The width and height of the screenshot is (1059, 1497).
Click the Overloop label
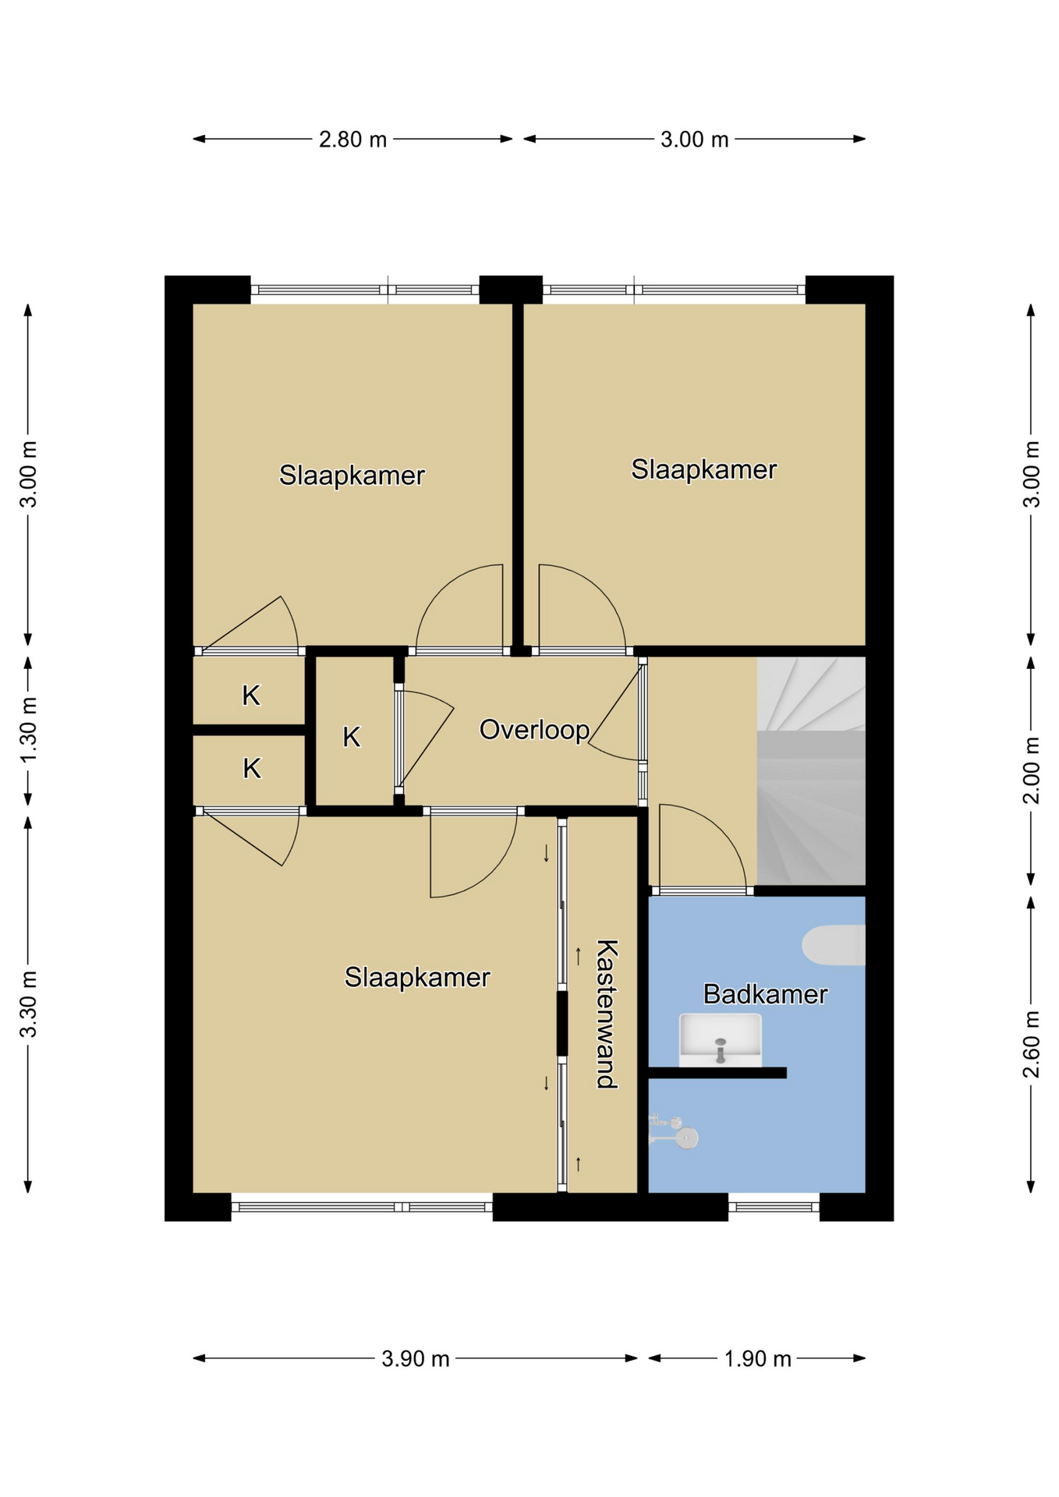[x=534, y=730]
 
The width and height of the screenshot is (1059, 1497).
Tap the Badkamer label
[x=765, y=994]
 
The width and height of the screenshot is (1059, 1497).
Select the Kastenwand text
[x=607, y=1014]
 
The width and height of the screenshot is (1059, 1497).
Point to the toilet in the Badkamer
[x=834, y=945]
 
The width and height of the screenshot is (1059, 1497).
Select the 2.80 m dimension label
[x=352, y=140]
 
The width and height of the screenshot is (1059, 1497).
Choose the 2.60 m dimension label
[x=1031, y=1044]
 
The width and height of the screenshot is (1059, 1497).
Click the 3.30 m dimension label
[x=28, y=1004]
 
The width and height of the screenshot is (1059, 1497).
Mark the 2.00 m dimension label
[x=1031, y=770]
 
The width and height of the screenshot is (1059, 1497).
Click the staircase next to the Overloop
[x=811, y=770]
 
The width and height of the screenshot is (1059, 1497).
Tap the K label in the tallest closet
[x=352, y=737]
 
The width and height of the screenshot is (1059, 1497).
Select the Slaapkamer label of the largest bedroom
[x=417, y=977]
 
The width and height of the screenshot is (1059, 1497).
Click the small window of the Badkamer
[x=774, y=1207]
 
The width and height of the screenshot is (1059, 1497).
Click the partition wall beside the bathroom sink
[x=717, y=1073]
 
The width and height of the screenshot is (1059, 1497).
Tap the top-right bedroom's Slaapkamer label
[x=703, y=469]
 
